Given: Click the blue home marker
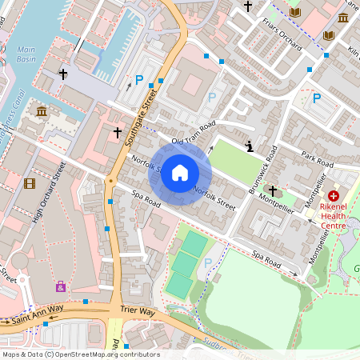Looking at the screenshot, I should [x=180, y=174].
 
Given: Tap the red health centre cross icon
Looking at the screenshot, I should [x=334, y=194].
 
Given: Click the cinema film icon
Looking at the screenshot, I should [x=30, y=183].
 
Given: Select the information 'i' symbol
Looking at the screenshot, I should [x=250, y=146].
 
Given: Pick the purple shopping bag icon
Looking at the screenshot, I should [x=61, y=286].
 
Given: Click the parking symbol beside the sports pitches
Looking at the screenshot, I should [x=209, y=262].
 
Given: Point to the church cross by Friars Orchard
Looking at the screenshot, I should [x=248, y=6].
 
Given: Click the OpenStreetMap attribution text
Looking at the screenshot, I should [x=80, y=354].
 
